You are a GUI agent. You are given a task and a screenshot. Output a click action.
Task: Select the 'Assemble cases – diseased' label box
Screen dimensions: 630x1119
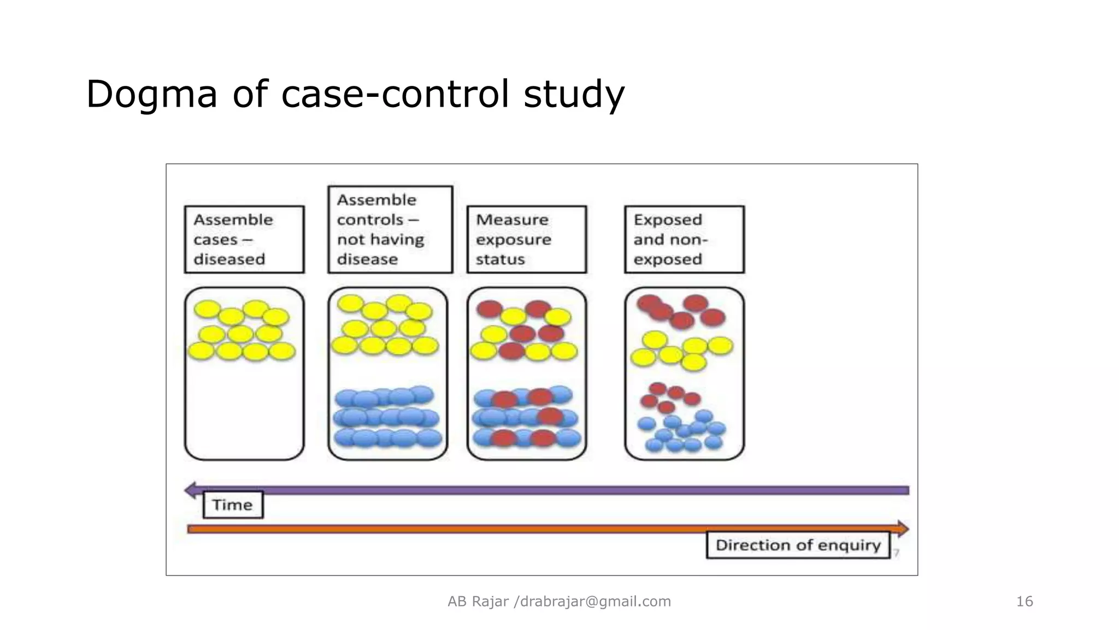point(244,240)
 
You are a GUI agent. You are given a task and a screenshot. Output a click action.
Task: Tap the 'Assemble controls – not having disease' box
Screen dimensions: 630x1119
point(390,229)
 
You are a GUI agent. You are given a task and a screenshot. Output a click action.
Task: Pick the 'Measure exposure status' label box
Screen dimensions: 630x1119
point(527,240)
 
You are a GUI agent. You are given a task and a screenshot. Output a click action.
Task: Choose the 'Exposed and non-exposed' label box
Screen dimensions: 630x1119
point(684,240)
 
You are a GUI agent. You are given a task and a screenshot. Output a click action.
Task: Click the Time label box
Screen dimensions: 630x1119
point(233,505)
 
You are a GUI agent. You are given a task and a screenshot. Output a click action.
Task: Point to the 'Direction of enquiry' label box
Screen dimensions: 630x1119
point(798,545)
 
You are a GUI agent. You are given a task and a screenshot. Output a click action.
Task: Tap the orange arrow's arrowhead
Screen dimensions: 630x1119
point(903,529)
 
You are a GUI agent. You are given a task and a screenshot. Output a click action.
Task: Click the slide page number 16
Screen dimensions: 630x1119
point(1024,602)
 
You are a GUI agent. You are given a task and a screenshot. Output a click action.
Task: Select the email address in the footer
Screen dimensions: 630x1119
point(595,602)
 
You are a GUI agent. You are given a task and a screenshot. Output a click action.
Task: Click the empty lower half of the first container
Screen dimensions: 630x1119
point(244,410)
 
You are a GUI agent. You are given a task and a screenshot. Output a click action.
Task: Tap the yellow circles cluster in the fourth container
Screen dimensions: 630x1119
point(681,350)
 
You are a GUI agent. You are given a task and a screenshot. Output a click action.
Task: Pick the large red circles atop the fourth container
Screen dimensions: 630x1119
point(681,312)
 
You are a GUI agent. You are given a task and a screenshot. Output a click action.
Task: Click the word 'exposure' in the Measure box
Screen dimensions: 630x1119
point(513,240)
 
